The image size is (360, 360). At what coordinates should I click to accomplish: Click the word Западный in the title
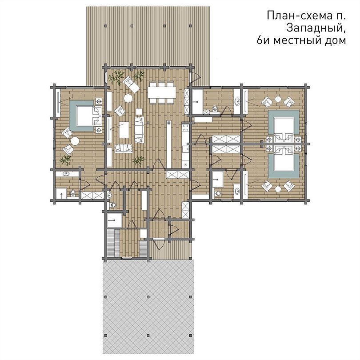click(x=316, y=28)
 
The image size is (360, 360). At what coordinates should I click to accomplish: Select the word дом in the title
click(x=335, y=40)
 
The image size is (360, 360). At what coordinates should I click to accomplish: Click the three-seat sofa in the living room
click(x=140, y=130)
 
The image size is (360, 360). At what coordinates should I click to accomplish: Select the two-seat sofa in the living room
click(x=124, y=148)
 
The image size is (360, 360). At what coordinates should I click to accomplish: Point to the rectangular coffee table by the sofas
click(x=124, y=130)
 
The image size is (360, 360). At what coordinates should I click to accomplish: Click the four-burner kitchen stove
click(x=185, y=128)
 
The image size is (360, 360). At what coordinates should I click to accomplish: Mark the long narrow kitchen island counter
click(x=169, y=144)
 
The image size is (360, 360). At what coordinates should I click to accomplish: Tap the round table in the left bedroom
click(x=75, y=141)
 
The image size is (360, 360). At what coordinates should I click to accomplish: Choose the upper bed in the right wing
click(x=284, y=126)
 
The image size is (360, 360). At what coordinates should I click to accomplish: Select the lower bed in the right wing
click(x=284, y=160)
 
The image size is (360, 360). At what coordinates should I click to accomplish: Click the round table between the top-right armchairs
click(x=278, y=99)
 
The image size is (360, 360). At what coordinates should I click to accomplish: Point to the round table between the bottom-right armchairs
click(x=278, y=189)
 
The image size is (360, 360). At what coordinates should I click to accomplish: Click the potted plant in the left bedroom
click(x=66, y=160)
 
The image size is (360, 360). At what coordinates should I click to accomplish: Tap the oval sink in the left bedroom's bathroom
click(x=66, y=174)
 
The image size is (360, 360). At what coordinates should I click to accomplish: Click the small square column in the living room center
click(x=148, y=123)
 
